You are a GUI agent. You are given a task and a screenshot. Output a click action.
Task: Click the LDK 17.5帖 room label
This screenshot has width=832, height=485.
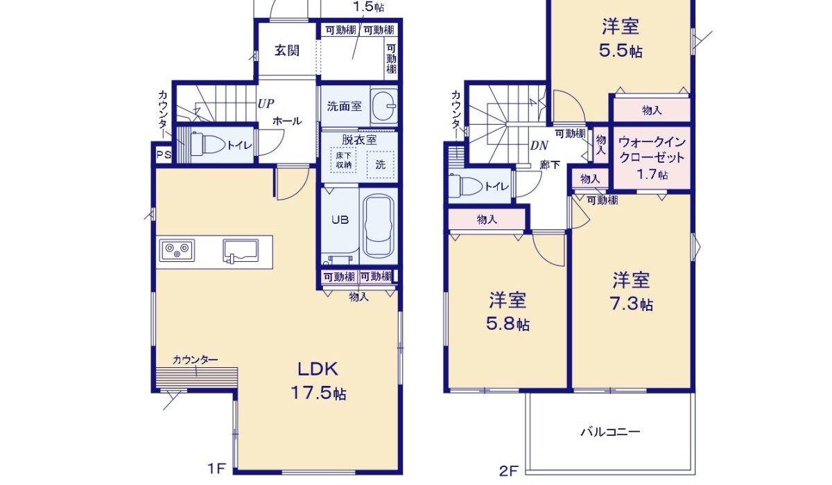[318, 380]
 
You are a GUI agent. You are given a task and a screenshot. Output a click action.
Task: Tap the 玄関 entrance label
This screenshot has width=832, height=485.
[286, 51]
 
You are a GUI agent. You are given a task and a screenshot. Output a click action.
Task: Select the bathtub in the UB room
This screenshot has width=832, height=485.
[378, 226]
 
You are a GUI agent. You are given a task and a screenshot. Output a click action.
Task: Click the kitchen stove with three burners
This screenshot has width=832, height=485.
[177, 249]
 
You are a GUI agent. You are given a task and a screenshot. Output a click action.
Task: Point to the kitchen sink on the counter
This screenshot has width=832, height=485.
[240, 250]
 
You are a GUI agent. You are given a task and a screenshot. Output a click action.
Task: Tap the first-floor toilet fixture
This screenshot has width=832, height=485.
[205, 145]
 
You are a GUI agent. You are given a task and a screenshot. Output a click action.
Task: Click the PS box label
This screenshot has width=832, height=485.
[163, 155]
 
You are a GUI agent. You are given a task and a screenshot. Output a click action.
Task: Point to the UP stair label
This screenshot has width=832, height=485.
[266, 104]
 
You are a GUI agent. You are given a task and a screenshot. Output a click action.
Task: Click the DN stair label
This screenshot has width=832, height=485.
[539, 145]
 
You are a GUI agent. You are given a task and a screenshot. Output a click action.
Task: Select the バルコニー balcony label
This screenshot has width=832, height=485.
[610, 432]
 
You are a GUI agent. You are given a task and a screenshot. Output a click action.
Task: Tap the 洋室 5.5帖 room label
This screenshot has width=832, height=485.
[621, 38]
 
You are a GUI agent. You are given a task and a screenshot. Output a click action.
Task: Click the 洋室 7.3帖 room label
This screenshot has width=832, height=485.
[631, 292]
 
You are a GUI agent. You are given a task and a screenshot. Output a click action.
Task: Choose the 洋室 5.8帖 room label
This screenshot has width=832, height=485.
[508, 312]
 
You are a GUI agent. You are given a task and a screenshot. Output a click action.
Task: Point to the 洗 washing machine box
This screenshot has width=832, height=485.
[381, 165]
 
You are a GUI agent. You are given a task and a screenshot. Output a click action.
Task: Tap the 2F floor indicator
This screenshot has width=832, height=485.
[508, 472]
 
